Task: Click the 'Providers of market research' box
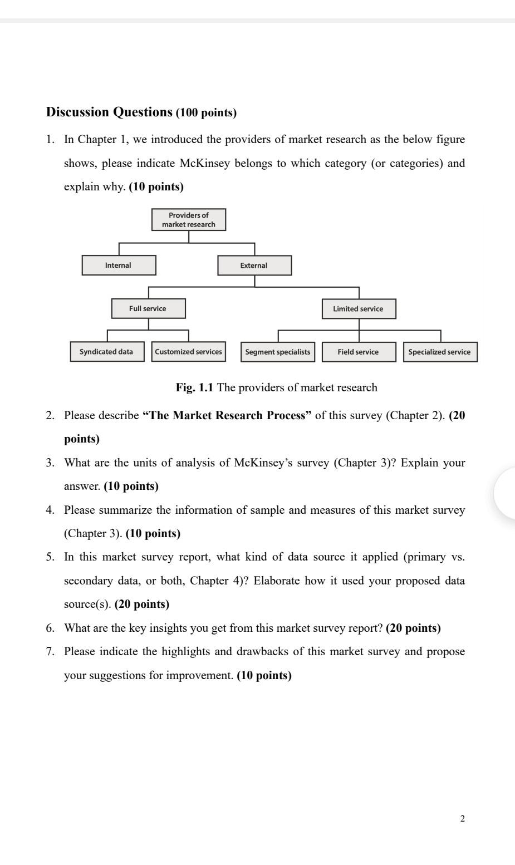pos(189,220)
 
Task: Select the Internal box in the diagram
pos(119,266)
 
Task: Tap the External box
pos(254,266)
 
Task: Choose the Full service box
pos(148,308)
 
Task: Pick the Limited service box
pos(359,309)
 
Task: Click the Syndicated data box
pos(107,352)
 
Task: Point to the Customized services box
pos(188,352)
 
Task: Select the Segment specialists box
pos(278,352)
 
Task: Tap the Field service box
pos(359,352)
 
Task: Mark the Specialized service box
pos(440,352)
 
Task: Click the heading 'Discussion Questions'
pos(109,112)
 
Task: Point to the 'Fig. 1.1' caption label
pos(194,387)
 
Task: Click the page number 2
pos(462,818)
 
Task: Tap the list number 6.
pos(50,628)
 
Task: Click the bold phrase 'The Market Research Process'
pos(227,415)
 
